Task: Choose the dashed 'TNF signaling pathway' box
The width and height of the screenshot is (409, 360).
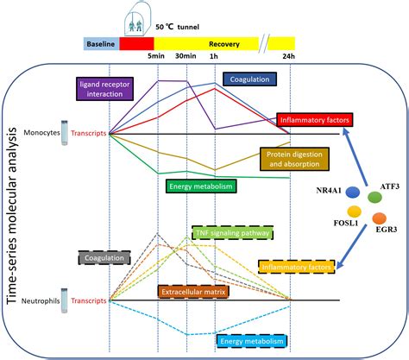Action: [231, 232]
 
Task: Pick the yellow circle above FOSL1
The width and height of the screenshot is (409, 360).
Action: [354, 211]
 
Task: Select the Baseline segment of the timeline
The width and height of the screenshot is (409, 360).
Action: [101, 42]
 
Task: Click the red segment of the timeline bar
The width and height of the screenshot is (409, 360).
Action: [136, 42]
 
